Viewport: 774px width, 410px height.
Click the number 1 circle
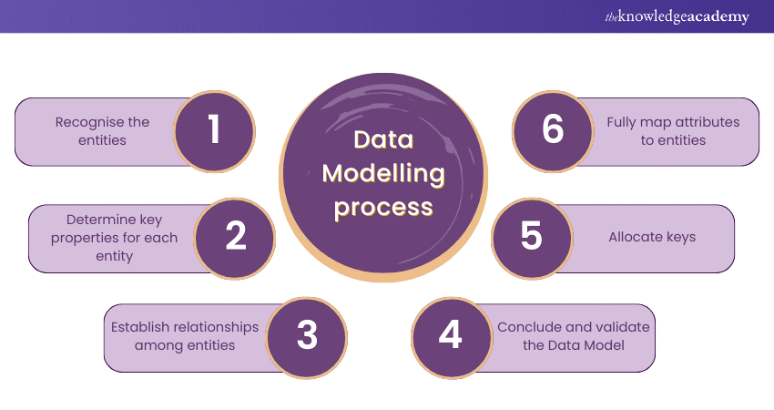coord(213,130)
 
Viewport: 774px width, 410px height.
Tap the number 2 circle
coord(235,238)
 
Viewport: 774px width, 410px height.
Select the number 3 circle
coord(307,336)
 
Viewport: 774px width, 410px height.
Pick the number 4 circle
coord(450,336)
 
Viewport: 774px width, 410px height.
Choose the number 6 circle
coord(553,130)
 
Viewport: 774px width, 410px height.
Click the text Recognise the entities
coord(102,130)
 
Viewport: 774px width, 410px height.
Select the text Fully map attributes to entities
coord(673,130)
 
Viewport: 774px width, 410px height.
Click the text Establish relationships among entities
coord(185,336)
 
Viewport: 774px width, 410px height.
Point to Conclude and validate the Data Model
coord(574,336)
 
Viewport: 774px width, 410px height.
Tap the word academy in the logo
coord(716,16)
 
